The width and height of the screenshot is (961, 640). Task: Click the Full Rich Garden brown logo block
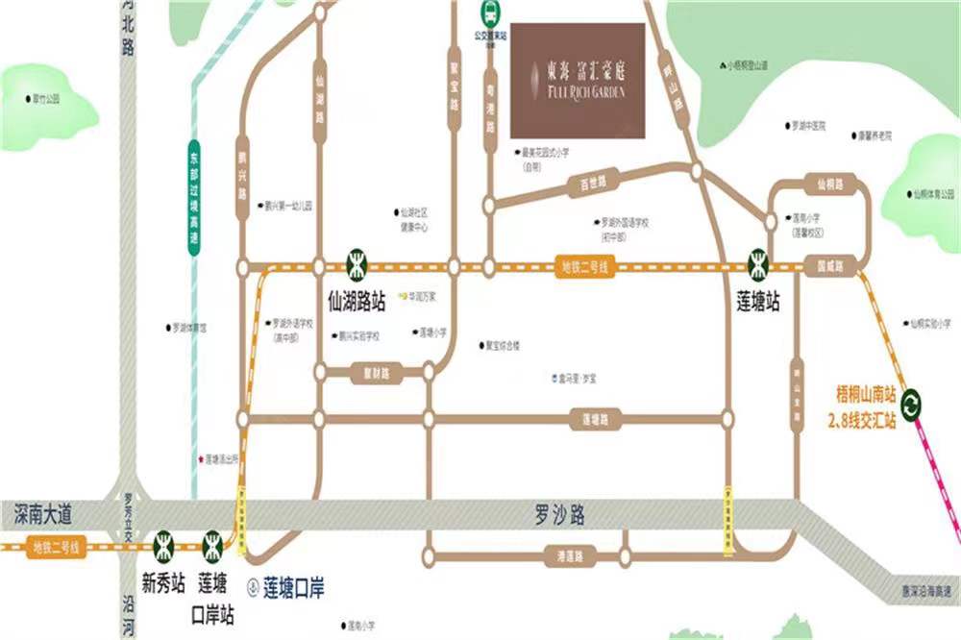coord(577,79)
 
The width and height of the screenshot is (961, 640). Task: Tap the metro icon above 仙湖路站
coord(357,260)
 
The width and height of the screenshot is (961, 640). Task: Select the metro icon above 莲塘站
coord(759,260)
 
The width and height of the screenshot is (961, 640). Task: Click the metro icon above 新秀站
coord(162,546)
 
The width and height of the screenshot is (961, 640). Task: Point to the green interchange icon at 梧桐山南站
coord(912,403)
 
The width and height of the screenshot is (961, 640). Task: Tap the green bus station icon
coord(489,12)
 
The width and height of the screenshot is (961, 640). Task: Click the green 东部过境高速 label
coord(194,203)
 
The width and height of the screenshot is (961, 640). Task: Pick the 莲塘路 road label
coord(596,419)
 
